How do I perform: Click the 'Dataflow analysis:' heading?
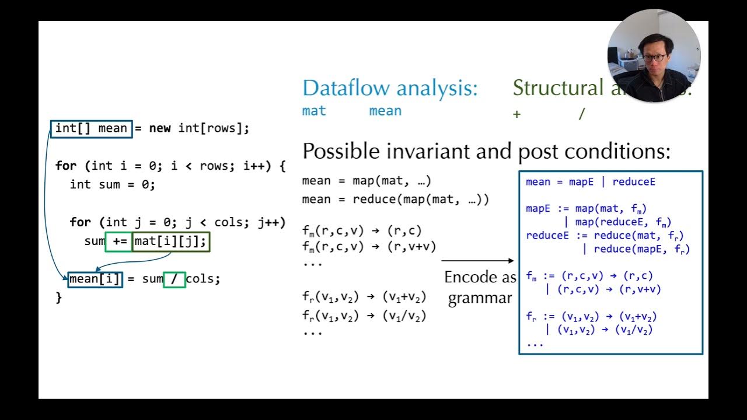coord(390,88)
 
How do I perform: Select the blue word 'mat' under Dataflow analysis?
coord(314,111)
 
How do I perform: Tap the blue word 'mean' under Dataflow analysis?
coord(385,111)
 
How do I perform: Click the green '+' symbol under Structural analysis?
coord(516,114)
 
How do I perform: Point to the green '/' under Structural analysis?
coord(581,114)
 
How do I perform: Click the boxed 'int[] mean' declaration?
coord(92,128)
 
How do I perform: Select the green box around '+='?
coord(118,241)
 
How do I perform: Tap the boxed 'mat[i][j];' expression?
coord(170,241)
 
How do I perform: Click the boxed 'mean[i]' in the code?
coord(95,279)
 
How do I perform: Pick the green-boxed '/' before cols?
coord(174,279)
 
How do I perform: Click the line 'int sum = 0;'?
coord(113,184)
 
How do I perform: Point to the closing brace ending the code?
coord(58,297)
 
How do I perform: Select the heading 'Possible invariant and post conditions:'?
coord(486,152)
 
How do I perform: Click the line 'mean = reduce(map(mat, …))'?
coord(395,199)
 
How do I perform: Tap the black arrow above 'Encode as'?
coord(477,261)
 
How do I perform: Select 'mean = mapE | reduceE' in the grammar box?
coord(590,182)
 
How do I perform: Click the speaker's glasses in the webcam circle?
coord(652,58)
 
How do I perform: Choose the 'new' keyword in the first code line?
coord(160,128)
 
